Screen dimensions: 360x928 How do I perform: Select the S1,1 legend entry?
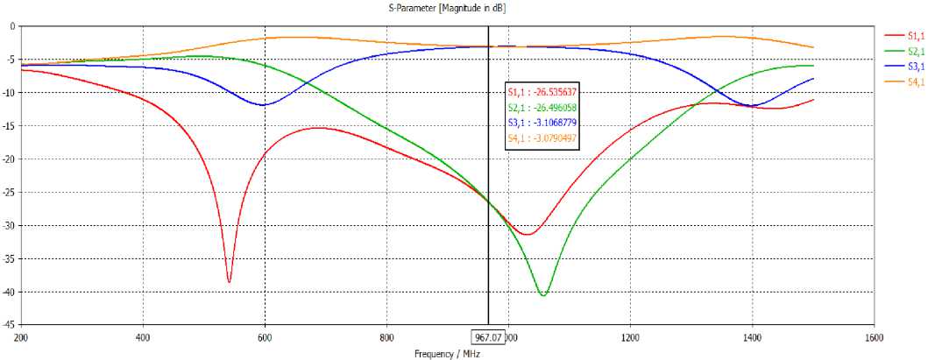[x=905, y=35]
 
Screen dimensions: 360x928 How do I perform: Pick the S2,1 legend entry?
[x=905, y=51]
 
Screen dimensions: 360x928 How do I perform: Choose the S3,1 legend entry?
[x=905, y=67]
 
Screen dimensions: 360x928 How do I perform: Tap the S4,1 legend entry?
[x=905, y=82]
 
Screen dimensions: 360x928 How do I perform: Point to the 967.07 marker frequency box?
[x=488, y=335]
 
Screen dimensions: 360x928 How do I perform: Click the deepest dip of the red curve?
[x=230, y=282]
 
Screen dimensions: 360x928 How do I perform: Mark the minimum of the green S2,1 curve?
[x=543, y=295]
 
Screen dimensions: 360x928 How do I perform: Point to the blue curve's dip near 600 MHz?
[x=262, y=105]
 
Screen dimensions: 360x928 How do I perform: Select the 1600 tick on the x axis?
[x=874, y=335]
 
